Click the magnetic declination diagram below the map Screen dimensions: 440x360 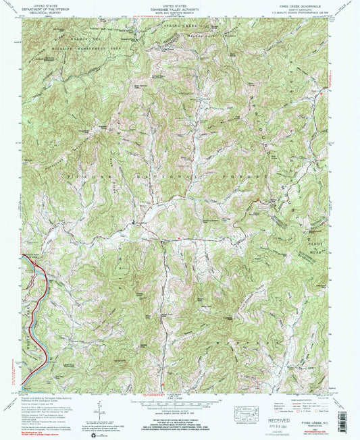click(99, 406)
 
